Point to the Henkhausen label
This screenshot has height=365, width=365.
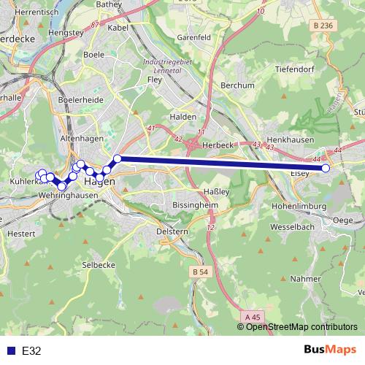tap(291, 138)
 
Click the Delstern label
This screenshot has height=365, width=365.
tap(173, 231)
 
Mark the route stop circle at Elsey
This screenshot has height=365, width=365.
tap(326, 168)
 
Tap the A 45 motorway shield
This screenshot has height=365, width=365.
tap(253, 316)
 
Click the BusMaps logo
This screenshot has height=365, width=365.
tap(330, 350)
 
